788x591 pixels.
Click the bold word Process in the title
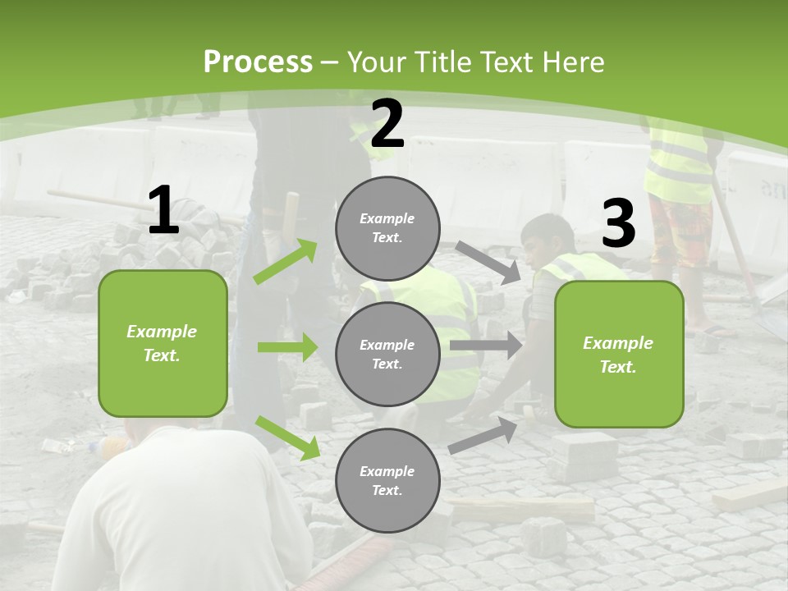pos(258,62)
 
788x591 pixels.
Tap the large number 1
pos(163,211)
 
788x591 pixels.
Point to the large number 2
pos(387,125)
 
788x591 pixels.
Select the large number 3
pos(618,224)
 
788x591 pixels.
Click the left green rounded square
pos(163,343)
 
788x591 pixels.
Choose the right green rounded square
pos(619,354)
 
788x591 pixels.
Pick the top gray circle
pos(387,228)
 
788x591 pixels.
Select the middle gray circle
pos(387,354)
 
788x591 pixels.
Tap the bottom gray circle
pos(387,480)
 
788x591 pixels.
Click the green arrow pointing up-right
pos(286,261)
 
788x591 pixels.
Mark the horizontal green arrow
pos(287,347)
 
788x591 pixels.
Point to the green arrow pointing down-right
pos(287,438)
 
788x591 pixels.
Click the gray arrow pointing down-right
pos(488,262)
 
